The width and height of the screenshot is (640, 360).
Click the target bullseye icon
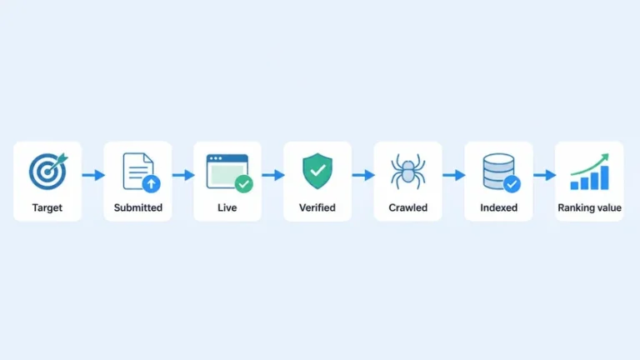click(x=47, y=172)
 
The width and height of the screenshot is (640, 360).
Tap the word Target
click(x=47, y=207)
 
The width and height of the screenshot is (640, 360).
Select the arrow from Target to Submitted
click(x=93, y=175)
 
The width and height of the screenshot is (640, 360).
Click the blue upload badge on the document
click(x=151, y=183)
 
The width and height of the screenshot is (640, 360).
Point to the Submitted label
click(x=138, y=207)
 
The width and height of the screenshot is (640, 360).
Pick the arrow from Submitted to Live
click(x=183, y=175)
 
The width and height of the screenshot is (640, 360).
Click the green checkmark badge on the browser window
click(x=243, y=183)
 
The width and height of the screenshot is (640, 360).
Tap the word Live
click(x=227, y=207)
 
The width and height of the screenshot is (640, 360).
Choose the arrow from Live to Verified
click(x=273, y=175)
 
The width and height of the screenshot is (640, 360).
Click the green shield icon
click(x=317, y=171)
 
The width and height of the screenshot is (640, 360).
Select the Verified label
click(x=317, y=207)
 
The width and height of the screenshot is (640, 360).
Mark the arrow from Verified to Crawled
click(x=363, y=175)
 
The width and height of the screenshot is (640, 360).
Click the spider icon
click(x=408, y=171)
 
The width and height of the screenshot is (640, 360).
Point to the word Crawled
click(x=408, y=207)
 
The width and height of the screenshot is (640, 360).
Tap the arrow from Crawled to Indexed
click(x=454, y=175)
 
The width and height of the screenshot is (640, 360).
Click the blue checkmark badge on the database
click(x=512, y=183)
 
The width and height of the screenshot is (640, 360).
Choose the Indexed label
click(x=499, y=207)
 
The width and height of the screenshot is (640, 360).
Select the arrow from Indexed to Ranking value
click(x=544, y=175)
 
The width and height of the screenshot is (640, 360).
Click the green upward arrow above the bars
click(x=591, y=163)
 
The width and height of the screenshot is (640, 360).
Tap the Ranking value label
click(x=589, y=207)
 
